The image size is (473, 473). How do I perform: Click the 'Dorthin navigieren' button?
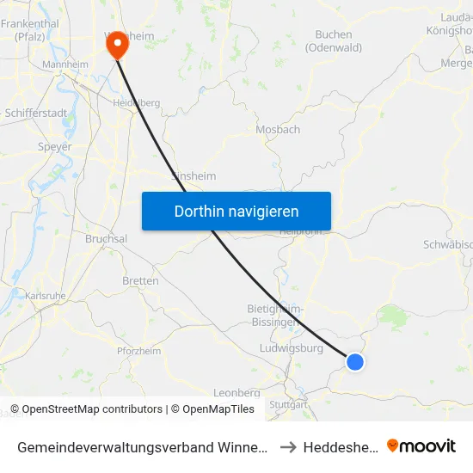(x=236, y=211)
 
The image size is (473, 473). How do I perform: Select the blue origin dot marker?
(x=354, y=362)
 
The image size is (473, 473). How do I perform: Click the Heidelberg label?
(x=137, y=102)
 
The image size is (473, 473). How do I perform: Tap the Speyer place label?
(x=54, y=147)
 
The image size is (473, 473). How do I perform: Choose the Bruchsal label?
(x=107, y=239)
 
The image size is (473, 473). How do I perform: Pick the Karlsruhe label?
(x=46, y=296)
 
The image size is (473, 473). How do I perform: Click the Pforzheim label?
(x=138, y=351)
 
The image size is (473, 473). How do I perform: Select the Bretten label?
(x=140, y=281)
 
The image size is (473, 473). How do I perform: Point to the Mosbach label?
(x=278, y=130)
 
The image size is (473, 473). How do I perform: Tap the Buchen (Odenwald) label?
(x=334, y=41)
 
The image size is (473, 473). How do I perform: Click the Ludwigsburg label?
(x=291, y=349)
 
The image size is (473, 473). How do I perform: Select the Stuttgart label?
(x=287, y=403)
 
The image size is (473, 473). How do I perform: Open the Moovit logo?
(x=421, y=445)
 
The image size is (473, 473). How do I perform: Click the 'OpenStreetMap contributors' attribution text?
(x=92, y=409)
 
